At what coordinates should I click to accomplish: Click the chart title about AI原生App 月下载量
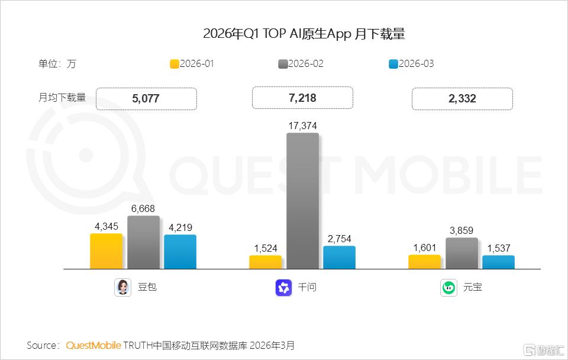[304, 34]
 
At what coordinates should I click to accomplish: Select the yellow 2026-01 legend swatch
[175, 64]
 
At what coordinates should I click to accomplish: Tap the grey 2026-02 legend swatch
[283, 64]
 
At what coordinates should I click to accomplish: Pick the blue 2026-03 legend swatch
[393, 64]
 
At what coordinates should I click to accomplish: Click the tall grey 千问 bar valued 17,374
[303, 201]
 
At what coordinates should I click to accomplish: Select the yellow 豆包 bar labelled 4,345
[106, 251]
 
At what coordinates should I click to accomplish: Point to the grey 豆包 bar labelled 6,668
[143, 242]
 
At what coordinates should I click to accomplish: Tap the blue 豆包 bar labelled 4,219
[180, 252]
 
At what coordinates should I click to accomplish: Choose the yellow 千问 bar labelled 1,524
[265, 262]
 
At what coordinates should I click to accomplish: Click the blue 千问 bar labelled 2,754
[340, 258]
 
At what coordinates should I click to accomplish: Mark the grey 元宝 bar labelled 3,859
[462, 253]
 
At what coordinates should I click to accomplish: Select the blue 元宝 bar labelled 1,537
[498, 262]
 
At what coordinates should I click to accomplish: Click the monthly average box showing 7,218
[302, 98]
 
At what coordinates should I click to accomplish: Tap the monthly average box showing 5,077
[146, 99]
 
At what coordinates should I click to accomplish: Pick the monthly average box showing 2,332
[462, 99]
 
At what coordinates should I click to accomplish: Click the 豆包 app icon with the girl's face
[123, 288]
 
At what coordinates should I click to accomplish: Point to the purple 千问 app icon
[283, 288]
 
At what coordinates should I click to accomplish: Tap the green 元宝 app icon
[449, 288]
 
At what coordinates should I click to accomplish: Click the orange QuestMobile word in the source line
[93, 345]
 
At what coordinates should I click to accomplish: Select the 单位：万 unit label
[57, 64]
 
